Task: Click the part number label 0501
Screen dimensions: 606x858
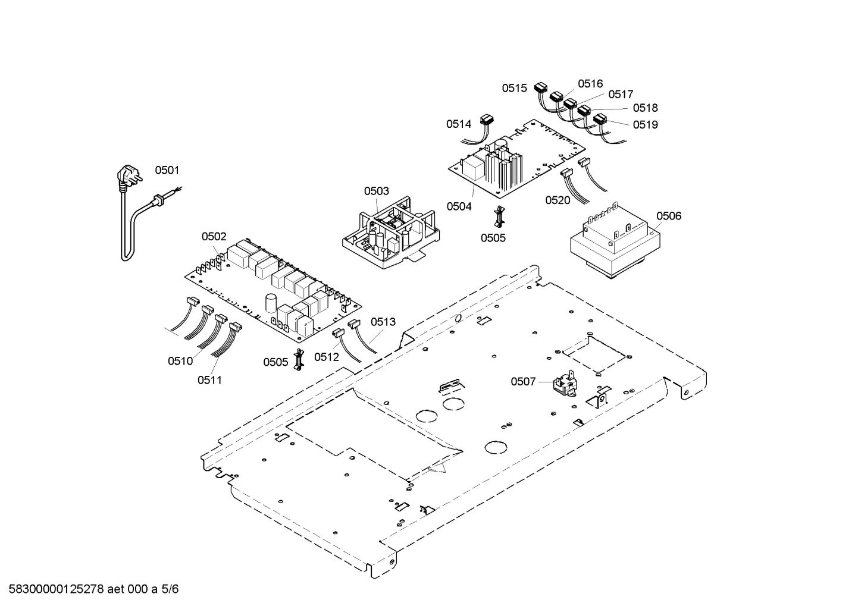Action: click(167, 171)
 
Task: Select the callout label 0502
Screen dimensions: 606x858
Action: click(214, 237)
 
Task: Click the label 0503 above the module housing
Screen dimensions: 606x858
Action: click(377, 191)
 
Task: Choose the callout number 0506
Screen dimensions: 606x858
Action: click(669, 216)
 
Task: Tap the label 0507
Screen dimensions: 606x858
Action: click(523, 382)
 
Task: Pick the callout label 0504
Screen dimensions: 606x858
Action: click(459, 206)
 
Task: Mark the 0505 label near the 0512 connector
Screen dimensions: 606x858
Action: click(275, 362)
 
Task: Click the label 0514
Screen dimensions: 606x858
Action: click(459, 124)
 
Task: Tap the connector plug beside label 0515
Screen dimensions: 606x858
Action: click(541, 89)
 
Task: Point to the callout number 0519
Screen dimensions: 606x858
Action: click(646, 125)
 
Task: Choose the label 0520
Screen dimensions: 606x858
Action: click(558, 200)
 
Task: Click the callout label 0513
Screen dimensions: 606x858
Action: click(383, 322)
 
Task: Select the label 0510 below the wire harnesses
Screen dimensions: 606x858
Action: click(180, 361)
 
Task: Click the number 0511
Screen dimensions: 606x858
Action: click(209, 379)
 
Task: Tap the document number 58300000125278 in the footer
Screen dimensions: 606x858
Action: click(54, 589)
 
